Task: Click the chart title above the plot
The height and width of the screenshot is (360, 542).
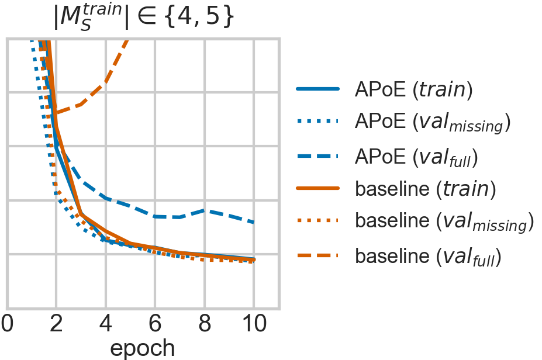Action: coord(143,18)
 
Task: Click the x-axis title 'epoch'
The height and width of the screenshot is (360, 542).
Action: coord(143,347)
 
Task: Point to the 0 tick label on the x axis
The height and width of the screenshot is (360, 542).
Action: coord(7,323)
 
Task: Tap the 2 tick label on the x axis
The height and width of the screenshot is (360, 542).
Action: coord(56,323)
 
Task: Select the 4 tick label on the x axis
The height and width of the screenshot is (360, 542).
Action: coord(106,323)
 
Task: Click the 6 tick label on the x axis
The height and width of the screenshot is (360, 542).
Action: coord(155,323)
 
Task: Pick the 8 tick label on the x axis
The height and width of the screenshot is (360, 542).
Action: coord(205,323)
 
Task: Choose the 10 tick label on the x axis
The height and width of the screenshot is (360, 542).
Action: coord(254,323)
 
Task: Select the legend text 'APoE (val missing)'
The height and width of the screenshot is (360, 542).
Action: coord(433,123)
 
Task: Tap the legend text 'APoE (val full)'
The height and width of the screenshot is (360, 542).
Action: coord(417,157)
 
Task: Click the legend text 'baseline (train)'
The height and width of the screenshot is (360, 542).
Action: coord(426,189)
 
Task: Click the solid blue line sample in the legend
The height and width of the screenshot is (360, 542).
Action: coord(318,89)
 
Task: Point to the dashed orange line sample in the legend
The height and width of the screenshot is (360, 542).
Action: coord(318,255)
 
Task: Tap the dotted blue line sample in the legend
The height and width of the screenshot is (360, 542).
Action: coord(318,122)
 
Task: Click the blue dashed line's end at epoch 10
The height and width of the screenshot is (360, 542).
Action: coord(254,223)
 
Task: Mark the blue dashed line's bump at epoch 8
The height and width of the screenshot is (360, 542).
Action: coord(205,210)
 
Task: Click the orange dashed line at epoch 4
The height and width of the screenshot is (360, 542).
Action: coord(106,82)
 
